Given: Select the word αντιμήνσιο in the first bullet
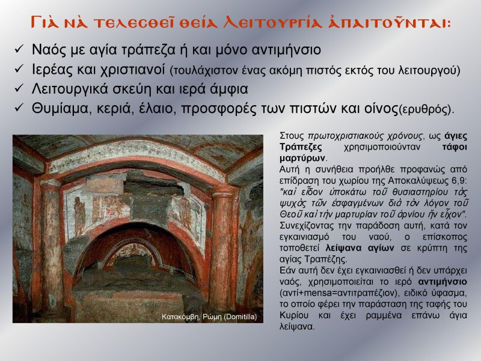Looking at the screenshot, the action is click(286, 50).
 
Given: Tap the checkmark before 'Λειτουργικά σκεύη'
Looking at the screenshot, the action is click(19, 88).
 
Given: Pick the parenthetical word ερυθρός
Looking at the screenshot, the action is click(424, 110).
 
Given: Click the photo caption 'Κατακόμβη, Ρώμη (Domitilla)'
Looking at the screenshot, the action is click(209, 317).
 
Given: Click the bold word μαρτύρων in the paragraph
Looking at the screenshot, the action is click(302, 159).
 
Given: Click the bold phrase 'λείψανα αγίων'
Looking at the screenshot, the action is click(360, 247).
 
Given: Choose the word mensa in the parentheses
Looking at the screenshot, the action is click(317, 293).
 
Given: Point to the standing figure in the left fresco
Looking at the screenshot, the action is click(79, 216).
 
